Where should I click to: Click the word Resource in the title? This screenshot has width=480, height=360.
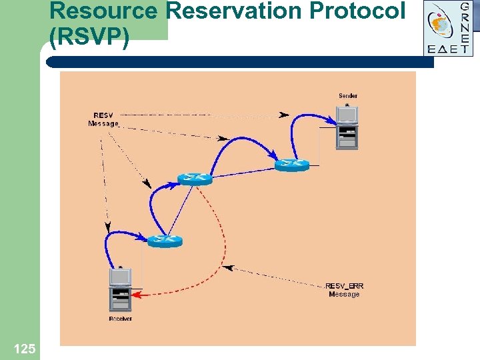pyautogui.click(x=103, y=11)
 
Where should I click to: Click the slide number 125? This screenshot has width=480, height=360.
pyautogui.click(x=24, y=348)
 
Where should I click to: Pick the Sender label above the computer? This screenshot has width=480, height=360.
pyautogui.click(x=347, y=96)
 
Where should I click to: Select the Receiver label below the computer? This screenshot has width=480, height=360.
pyautogui.click(x=121, y=319)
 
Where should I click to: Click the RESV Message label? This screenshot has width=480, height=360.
pyautogui.click(x=103, y=119)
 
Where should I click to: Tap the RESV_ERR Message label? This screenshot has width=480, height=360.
pyautogui.click(x=344, y=290)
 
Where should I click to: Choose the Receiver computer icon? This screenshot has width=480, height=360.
pyautogui.click(x=121, y=289)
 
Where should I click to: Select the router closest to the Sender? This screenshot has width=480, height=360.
pyautogui.click(x=292, y=164)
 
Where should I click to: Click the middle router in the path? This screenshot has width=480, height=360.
pyautogui.click(x=195, y=179)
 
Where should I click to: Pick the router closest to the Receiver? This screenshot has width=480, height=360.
pyautogui.click(x=165, y=241)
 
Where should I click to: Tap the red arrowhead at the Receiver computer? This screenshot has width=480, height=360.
pyautogui.click(x=136, y=294)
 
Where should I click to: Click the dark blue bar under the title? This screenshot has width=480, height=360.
pyautogui.click(x=240, y=61)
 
